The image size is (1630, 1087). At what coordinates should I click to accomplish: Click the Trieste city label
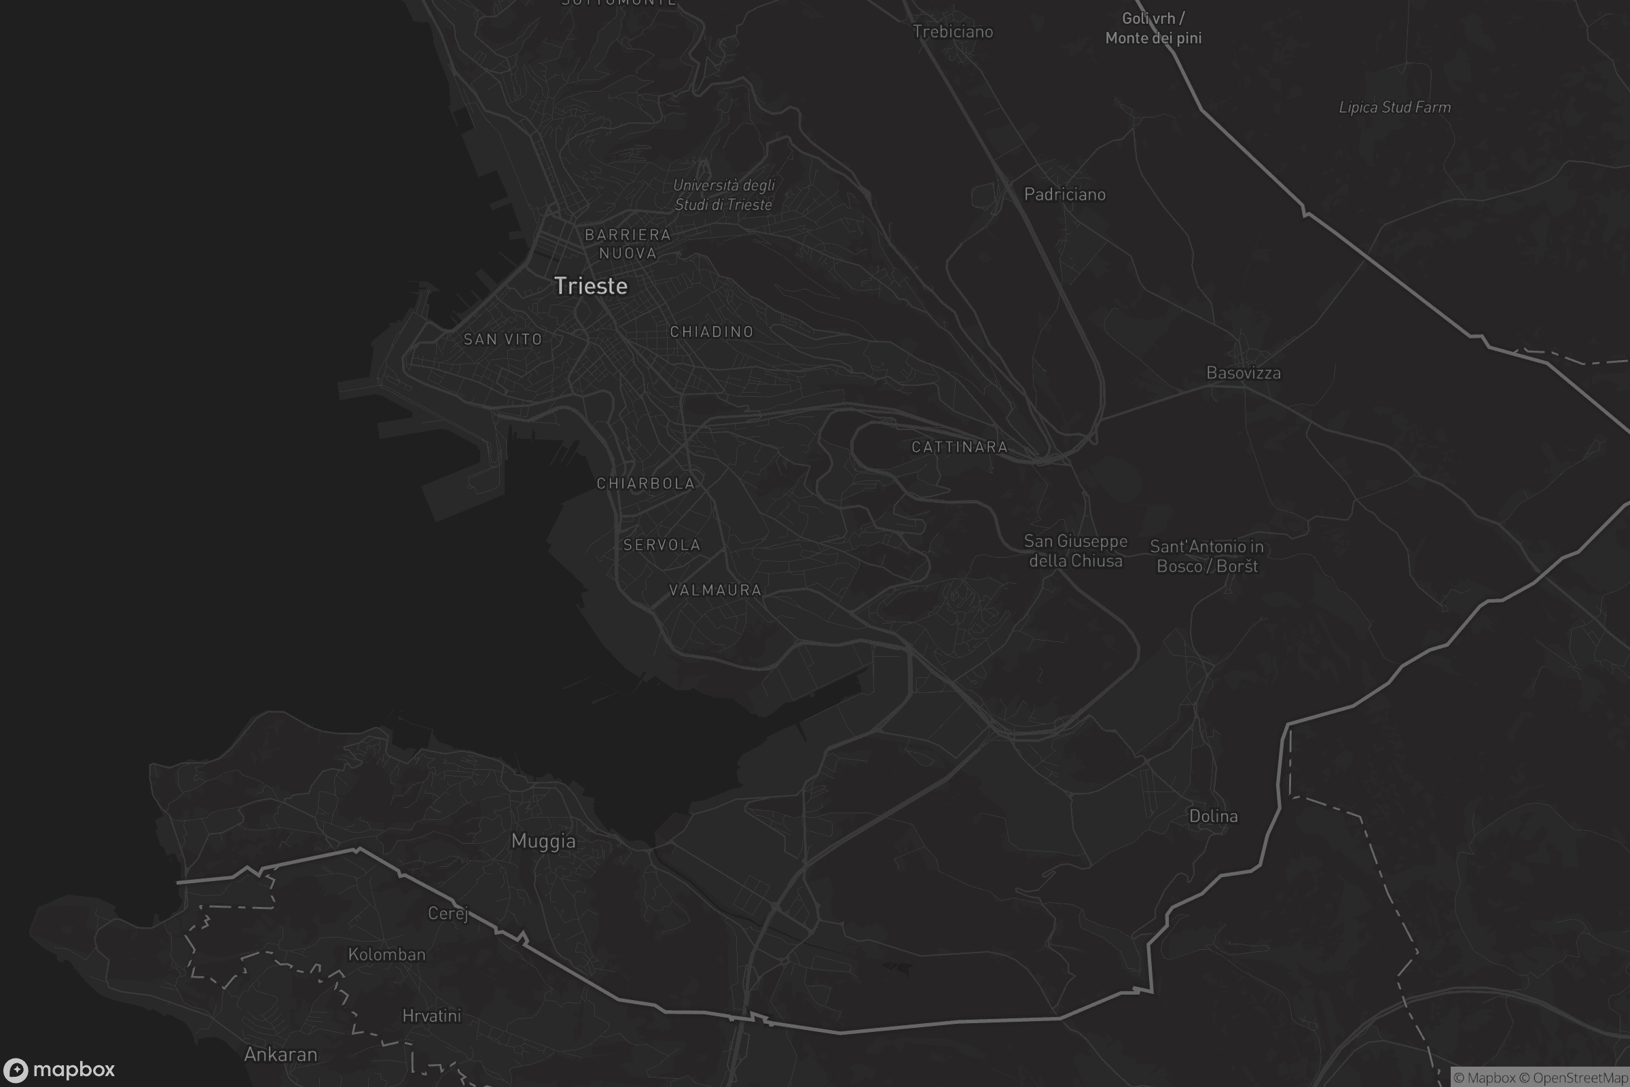point(590,285)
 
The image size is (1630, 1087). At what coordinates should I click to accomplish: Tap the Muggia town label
point(543,841)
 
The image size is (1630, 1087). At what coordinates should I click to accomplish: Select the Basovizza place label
point(1244,373)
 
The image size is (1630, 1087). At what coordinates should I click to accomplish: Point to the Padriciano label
point(1064,194)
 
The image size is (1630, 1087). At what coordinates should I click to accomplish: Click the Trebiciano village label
point(953,32)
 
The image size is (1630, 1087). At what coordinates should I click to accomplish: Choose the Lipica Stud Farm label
point(1394,107)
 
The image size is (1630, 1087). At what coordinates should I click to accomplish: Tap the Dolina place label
point(1214,816)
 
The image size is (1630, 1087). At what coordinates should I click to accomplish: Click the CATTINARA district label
point(960,447)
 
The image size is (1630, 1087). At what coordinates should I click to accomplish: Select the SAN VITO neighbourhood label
point(503,339)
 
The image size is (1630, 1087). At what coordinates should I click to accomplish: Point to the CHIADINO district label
point(712,332)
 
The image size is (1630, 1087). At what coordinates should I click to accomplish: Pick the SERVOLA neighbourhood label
point(662,545)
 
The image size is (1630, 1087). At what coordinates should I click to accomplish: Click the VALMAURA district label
point(715,590)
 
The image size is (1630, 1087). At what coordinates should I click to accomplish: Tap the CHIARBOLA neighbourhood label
point(646,483)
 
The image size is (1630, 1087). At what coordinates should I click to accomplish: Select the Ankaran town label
point(280,1054)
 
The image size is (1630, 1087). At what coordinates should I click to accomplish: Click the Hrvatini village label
point(432,1016)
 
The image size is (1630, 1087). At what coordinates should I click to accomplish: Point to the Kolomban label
point(386,955)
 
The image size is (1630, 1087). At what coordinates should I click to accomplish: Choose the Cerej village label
point(448,913)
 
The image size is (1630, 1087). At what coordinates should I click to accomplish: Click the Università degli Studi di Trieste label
point(723,195)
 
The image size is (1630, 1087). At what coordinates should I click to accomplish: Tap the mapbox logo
point(59,1069)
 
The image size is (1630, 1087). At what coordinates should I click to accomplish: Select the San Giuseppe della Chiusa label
point(1076,550)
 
